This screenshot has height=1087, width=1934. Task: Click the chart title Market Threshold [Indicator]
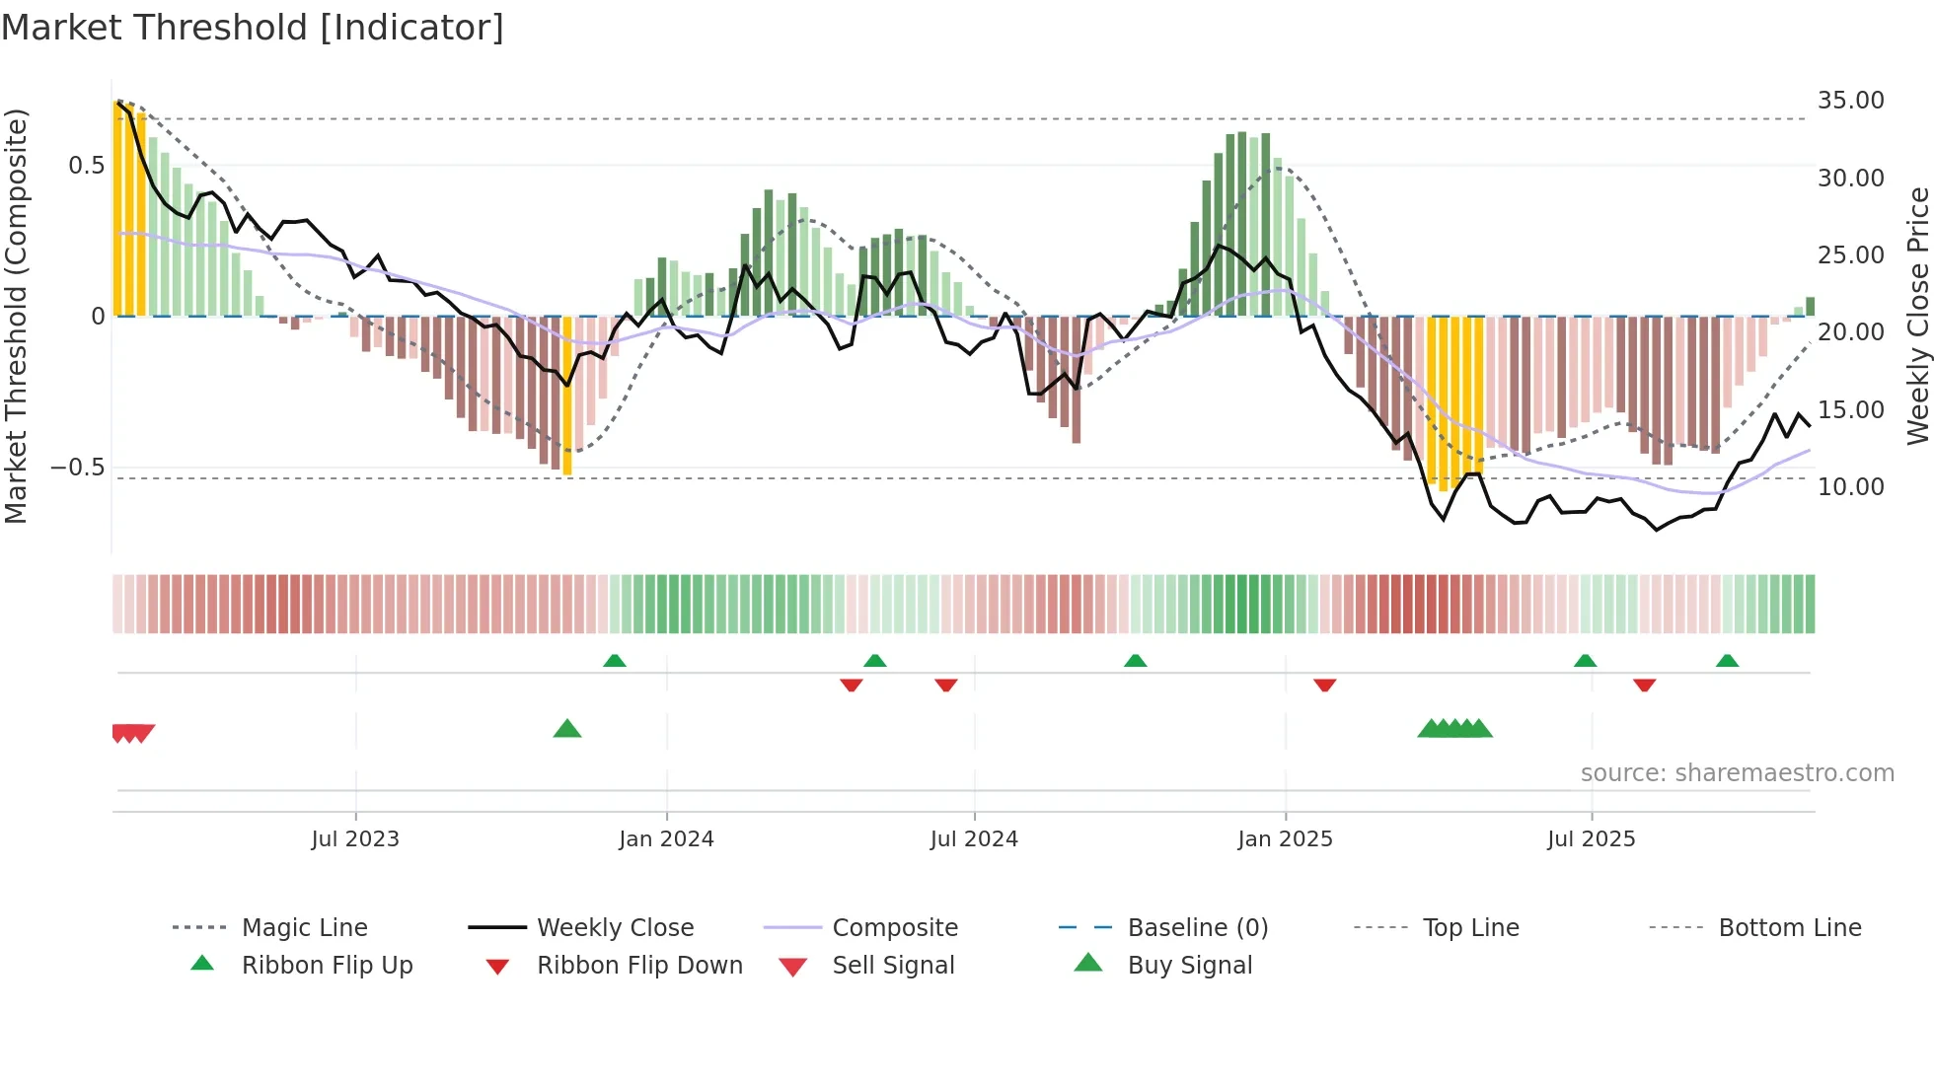(x=253, y=28)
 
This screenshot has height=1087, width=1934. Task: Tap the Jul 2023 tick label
(x=355, y=839)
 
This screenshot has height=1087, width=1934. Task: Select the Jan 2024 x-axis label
(x=666, y=839)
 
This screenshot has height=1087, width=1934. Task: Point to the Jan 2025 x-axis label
(x=1285, y=839)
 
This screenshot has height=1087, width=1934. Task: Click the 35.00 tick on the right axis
(x=1850, y=101)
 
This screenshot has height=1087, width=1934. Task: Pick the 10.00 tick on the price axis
(x=1850, y=487)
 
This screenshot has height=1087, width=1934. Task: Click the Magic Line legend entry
(x=304, y=928)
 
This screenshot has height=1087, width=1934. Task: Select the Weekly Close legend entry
(x=615, y=928)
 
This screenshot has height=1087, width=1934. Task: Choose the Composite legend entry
(x=894, y=928)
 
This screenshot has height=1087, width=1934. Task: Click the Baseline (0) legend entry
(x=1197, y=928)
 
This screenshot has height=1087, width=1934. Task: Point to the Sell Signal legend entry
(x=893, y=966)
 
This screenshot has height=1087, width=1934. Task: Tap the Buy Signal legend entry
(x=1189, y=966)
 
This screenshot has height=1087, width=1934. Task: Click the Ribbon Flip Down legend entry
(x=639, y=966)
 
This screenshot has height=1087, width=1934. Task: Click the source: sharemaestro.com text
(x=1737, y=773)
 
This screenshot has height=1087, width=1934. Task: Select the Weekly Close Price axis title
(x=1917, y=316)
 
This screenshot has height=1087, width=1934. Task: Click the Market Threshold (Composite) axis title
(x=16, y=316)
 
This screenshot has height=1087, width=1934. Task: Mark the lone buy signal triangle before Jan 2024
(x=567, y=729)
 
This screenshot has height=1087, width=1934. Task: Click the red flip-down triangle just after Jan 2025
(x=1324, y=685)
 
